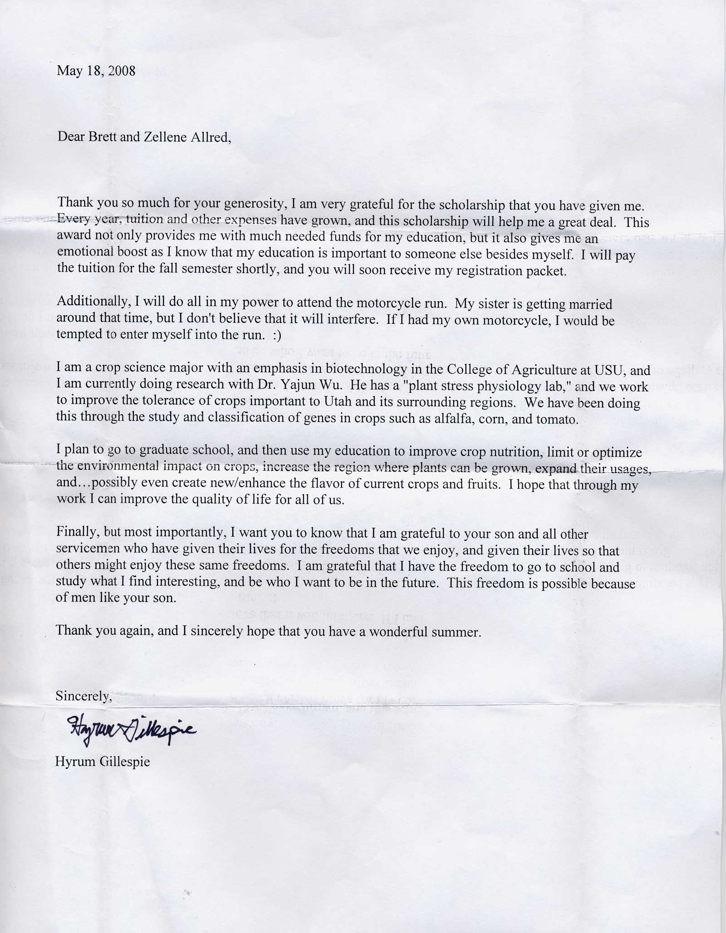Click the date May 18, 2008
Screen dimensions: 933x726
(x=96, y=71)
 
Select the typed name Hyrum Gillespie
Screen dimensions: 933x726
(x=103, y=761)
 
